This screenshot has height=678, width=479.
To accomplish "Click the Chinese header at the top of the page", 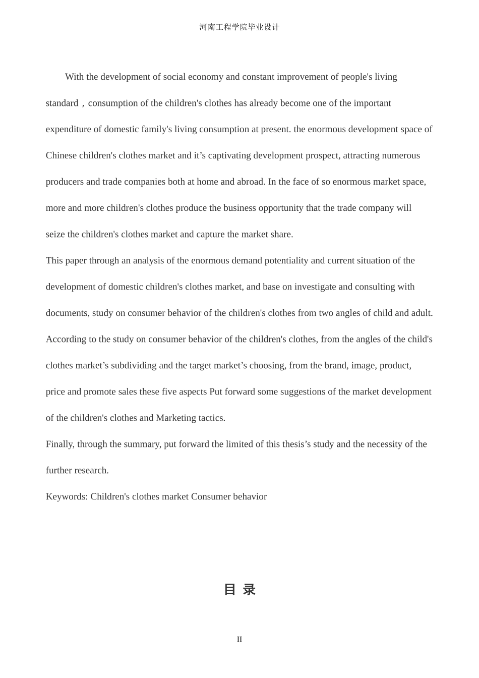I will pos(239,27).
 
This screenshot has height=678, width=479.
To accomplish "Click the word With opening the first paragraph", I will pos(74,77).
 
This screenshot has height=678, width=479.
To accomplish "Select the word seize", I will pos(55,234).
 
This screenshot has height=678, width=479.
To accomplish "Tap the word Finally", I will pos(60,444).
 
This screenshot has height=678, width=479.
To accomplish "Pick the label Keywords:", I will pos(67,496).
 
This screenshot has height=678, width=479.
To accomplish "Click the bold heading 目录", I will pos(239,589).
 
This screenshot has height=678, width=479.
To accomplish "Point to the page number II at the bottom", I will pos(239,639).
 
